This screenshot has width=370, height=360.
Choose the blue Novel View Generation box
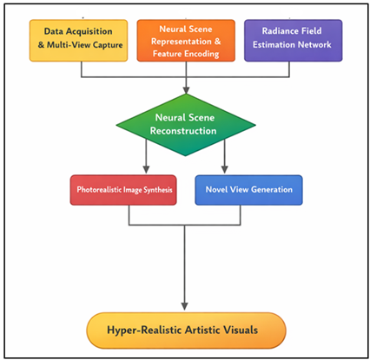(x=248, y=190)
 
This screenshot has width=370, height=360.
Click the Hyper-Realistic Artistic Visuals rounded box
(x=185, y=330)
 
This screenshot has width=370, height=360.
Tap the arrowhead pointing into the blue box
(x=227, y=170)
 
